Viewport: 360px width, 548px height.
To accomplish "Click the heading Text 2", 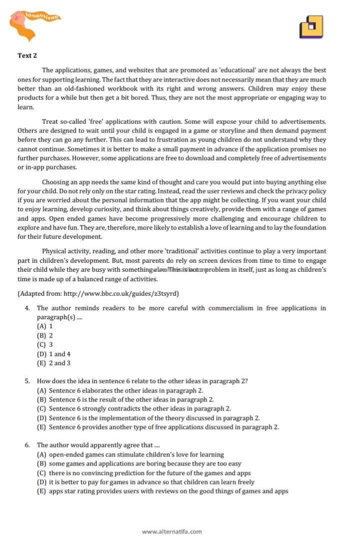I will (x=27, y=55).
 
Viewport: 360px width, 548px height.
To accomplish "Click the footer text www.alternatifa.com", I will (x=172, y=532).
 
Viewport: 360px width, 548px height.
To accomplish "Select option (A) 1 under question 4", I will (x=45, y=326).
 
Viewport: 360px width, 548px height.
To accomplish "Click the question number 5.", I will (x=27, y=381).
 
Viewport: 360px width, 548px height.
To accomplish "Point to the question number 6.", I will (x=27, y=445).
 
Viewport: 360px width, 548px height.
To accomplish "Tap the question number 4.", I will (x=27, y=308).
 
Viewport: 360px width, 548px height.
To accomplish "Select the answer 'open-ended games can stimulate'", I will (x=130, y=455).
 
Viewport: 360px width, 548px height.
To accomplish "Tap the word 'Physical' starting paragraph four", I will (x=54, y=251).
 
